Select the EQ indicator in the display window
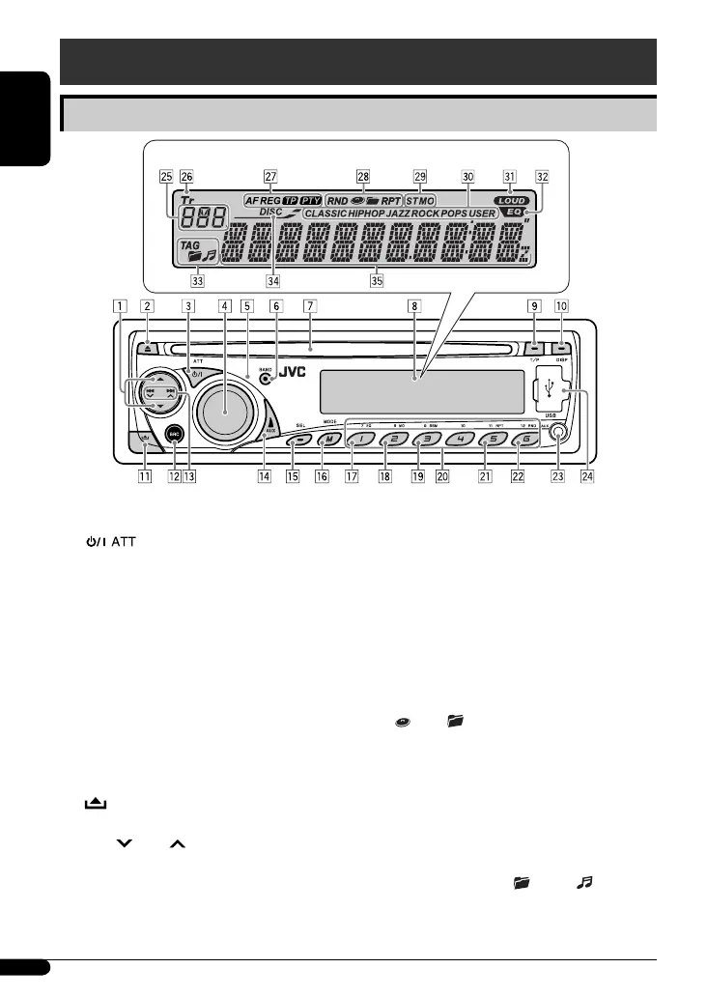click(x=516, y=212)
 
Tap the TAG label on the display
click(x=188, y=245)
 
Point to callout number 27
click(x=270, y=177)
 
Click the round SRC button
click(x=175, y=434)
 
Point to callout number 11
click(x=144, y=475)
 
